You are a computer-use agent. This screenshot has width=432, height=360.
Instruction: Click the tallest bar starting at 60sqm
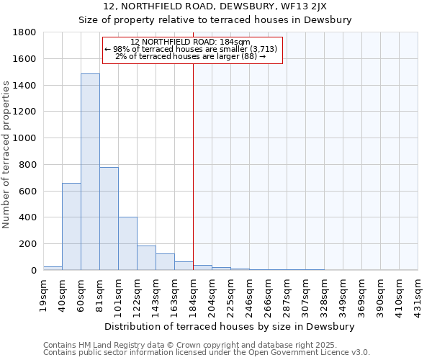90,173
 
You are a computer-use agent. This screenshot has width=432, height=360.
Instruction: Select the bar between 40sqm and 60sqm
71,227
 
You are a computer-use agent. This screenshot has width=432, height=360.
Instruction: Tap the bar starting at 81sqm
109,219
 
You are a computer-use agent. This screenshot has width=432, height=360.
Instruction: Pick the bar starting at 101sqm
127,243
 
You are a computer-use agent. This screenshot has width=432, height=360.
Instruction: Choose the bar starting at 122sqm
146,258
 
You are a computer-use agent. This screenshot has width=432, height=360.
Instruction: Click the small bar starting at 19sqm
53,268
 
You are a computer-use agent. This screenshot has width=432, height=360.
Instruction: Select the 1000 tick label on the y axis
25,138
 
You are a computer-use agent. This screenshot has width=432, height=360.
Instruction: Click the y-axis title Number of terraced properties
6,155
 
